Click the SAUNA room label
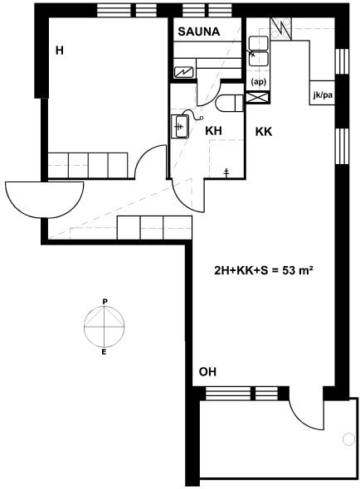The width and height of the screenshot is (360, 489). (x=199, y=31)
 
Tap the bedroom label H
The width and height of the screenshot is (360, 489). (x=60, y=51)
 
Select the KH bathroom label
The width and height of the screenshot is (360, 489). (x=213, y=131)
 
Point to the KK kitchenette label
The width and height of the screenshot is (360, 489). (x=264, y=132)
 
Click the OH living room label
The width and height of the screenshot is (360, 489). (x=207, y=372)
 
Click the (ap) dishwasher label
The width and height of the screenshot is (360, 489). (x=259, y=82)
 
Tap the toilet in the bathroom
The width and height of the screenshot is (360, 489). (x=230, y=103)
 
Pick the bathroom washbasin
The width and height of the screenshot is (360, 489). (x=179, y=126)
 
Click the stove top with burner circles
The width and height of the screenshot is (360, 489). (x=281, y=29)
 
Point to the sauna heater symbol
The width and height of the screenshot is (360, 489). (x=184, y=72)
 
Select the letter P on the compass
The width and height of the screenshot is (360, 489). (x=105, y=302)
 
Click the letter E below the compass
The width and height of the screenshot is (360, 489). (x=105, y=352)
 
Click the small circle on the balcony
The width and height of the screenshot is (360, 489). (x=348, y=439)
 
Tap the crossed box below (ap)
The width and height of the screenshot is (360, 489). (x=258, y=97)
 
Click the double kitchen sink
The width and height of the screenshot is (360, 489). (x=259, y=51)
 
